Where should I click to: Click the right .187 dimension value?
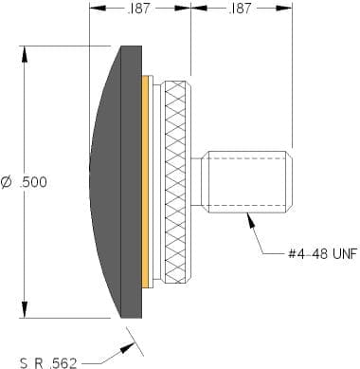click(239, 9)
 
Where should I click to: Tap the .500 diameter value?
click(33, 182)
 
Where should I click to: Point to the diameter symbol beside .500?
click(7, 182)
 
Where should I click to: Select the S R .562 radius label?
click(48, 363)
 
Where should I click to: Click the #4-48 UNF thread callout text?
click(323, 253)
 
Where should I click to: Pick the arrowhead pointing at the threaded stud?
click(251, 220)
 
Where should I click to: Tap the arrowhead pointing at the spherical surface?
click(127, 348)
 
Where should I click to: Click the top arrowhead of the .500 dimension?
click(25, 54)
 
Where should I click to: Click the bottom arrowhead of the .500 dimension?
click(25, 310)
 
